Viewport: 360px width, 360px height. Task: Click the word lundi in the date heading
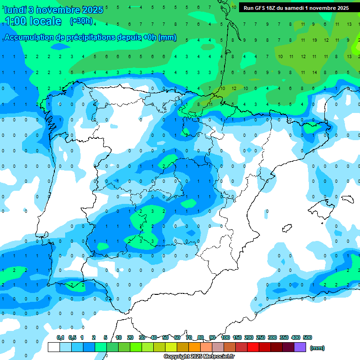point(17,9)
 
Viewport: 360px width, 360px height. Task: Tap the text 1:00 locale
point(33,21)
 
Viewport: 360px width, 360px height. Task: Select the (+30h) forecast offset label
point(81,21)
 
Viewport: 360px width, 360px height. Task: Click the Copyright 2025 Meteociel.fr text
point(199,357)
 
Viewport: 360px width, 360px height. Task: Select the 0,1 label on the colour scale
point(60,337)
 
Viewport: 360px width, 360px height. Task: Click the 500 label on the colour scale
point(307,337)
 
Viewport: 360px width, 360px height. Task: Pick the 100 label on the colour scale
point(225,337)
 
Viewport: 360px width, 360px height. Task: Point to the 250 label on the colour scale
point(261,337)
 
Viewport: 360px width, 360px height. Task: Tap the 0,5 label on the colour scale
point(72,337)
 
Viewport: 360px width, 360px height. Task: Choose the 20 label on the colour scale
point(130,337)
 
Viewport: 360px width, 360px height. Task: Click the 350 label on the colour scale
point(284,337)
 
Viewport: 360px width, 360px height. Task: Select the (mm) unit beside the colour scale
point(317,348)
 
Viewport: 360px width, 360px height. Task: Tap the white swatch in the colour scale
point(54,347)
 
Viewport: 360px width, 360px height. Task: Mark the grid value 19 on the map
point(314,40)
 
